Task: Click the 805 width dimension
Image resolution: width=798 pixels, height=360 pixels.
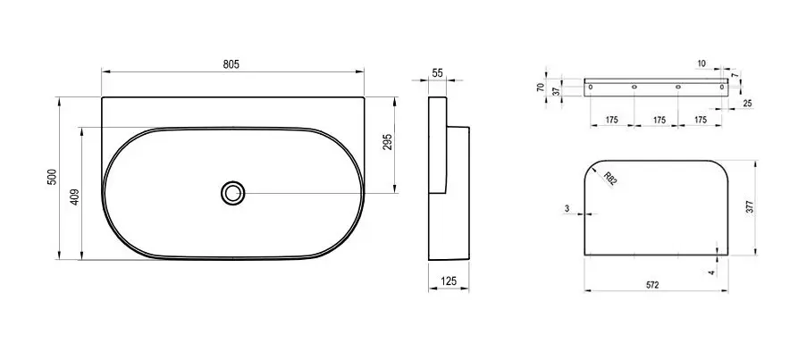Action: click(231, 64)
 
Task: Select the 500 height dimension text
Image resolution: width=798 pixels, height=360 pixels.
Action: click(52, 177)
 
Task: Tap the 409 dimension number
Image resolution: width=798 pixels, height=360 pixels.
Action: click(74, 197)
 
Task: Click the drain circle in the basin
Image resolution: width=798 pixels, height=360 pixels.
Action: click(233, 193)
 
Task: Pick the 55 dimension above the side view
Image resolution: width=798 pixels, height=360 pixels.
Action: click(437, 72)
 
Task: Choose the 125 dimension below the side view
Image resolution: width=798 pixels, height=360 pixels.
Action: click(449, 280)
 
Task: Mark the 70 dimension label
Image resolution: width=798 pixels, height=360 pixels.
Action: click(541, 88)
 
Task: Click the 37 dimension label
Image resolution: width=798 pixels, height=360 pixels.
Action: click(556, 90)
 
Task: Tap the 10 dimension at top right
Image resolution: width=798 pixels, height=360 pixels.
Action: click(701, 63)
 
